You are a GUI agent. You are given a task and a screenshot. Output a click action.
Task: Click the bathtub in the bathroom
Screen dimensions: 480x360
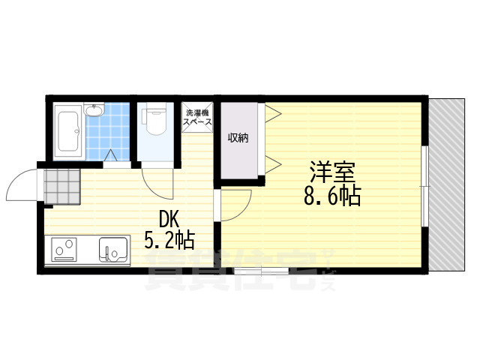(x=69, y=131)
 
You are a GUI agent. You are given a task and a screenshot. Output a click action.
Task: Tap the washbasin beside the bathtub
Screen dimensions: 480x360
(x=94, y=110)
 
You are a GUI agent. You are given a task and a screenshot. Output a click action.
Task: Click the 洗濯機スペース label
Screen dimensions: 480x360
(x=196, y=117)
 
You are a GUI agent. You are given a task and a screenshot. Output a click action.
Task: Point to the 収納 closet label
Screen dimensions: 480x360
(x=238, y=138)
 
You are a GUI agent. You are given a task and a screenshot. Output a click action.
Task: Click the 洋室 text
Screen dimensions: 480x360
(x=332, y=172)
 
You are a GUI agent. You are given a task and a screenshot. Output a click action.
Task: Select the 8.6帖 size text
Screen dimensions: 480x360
(x=332, y=195)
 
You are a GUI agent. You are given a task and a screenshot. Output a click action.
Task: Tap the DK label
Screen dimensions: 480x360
(x=168, y=220)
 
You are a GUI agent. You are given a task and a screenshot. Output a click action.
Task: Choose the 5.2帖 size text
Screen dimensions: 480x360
(x=169, y=240)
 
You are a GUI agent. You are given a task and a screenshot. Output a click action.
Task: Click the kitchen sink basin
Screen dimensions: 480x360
(x=113, y=250)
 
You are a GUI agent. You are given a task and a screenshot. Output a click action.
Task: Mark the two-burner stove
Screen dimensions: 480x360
(x=64, y=249)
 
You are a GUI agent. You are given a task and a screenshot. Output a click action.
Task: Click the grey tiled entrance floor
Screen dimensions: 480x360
(x=62, y=187)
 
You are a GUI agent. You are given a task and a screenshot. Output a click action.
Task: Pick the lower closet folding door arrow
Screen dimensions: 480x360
(x=273, y=165)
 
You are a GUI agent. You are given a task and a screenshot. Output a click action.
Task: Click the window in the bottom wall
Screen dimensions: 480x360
(x=262, y=271)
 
